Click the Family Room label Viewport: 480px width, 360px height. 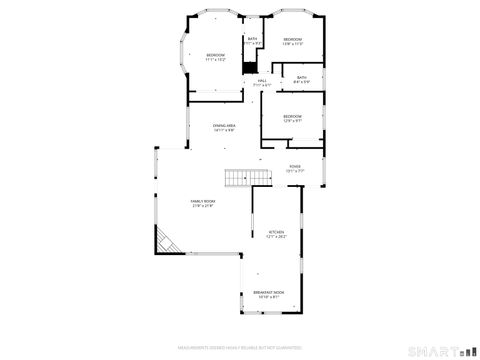pyautogui.click(x=203, y=201)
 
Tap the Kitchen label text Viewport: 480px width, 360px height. pyautogui.click(x=276, y=232)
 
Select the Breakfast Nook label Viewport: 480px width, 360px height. pyautogui.click(x=271, y=292)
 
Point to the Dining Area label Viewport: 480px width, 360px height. pyautogui.click(x=224, y=125)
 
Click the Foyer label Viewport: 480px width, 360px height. pyautogui.click(x=295, y=167)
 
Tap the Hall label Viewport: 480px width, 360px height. pyautogui.click(x=262, y=81)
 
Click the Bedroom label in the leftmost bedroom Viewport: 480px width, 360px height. pyautogui.click(x=216, y=54)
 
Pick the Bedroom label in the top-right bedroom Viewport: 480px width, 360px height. pyautogui.click(x=292, y=39)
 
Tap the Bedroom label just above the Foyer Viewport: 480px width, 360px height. pyautogui.click(x=292, y=116)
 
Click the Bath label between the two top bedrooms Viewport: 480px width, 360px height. pyautogui.click(x=252, y=39)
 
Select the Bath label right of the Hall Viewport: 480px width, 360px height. pyautogui.click(x=302, y=77)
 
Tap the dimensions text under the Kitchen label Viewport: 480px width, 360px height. pyautogui.click(x=276, y=237)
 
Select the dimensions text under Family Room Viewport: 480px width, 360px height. pyautogui.click(x=203, y=206)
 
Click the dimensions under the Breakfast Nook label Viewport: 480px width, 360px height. pyautogui.click(x=271, y=297)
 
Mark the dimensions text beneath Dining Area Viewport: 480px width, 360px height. pyautogui.click(x=224, y=130)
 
